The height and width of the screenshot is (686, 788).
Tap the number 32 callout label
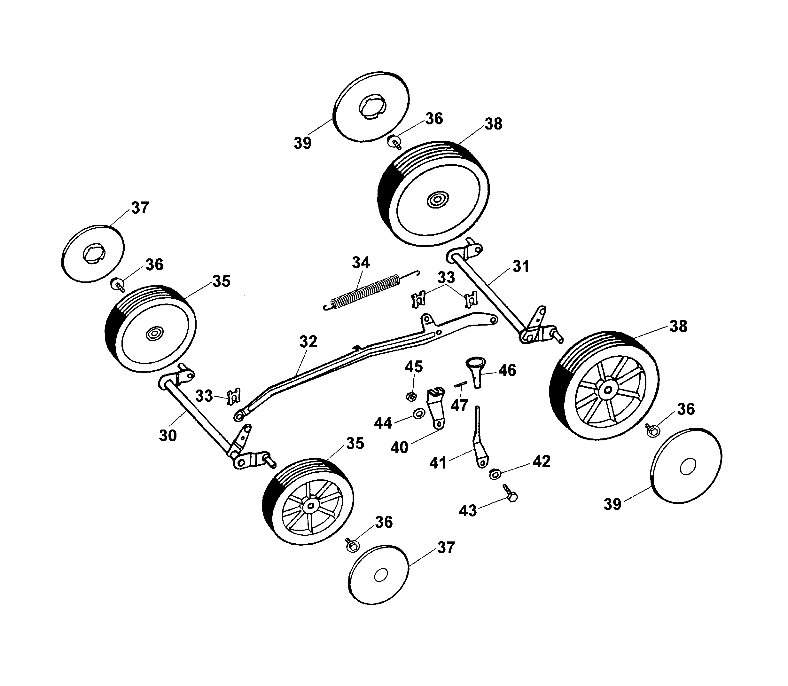coord(308,342)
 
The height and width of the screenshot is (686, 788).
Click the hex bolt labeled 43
coord(511,494)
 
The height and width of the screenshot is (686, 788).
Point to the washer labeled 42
coord(494,475)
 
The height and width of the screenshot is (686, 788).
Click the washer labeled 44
coord(419,414)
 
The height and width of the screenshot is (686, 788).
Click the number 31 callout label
coord(520,266)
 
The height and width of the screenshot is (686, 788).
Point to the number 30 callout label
coord(168,436)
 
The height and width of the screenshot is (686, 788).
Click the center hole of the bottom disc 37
coord(380,575)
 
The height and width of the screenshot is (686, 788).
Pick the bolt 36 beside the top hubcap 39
coord(395,142)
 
